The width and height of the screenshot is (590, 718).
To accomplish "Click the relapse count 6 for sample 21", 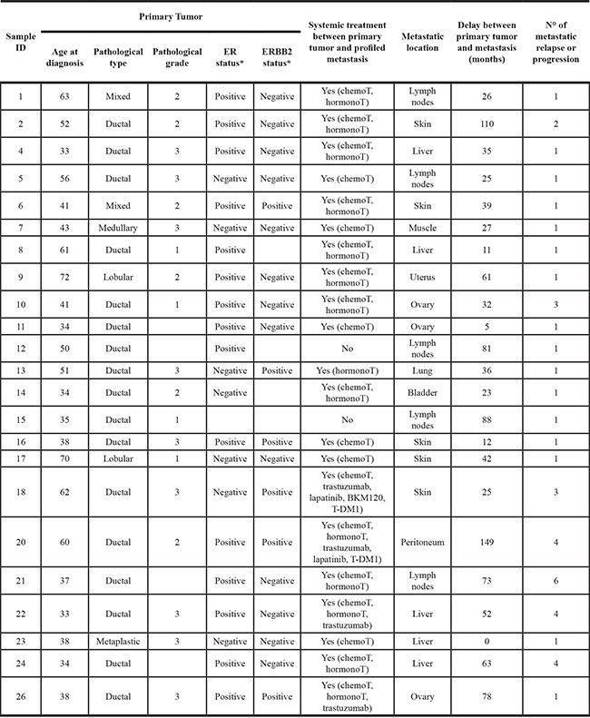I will pyautogui.click(x=556, y=580).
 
